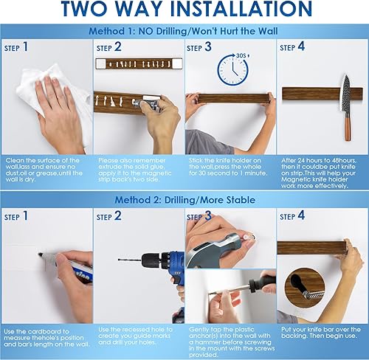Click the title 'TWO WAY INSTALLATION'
[184, 10]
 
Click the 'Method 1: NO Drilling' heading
[184, 32]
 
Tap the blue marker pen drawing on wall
[70, 261]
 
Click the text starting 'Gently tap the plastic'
[230, 340]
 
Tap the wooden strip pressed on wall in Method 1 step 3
[230, 97]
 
